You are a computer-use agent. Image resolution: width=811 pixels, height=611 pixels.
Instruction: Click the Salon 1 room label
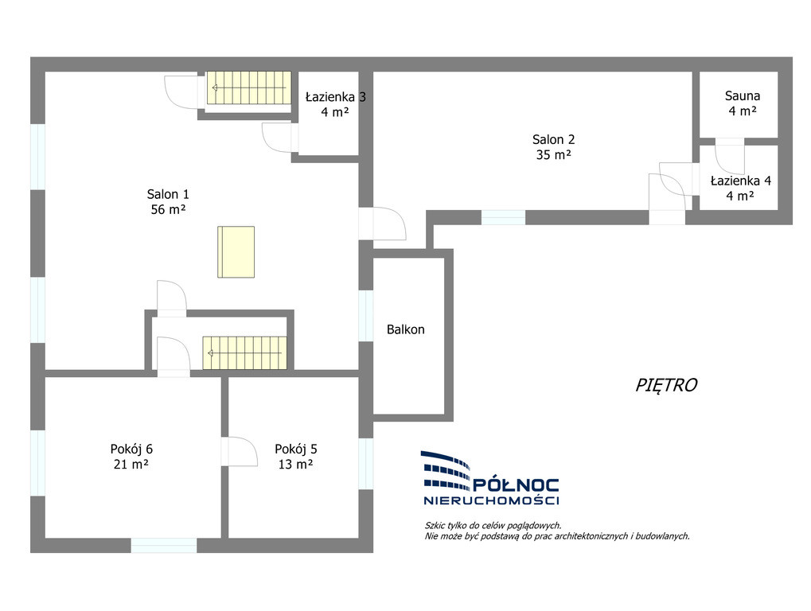pos(168,194)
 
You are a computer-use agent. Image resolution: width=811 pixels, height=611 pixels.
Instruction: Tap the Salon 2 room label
pos(553,139)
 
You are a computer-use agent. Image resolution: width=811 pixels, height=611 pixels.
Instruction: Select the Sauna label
pos(743,95)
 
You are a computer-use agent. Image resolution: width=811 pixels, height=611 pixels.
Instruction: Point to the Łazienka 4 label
pos(741,181)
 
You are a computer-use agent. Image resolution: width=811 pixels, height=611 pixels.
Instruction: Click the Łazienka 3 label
pos(336,97)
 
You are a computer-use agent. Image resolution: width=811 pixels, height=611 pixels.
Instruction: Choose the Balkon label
pos(406,329)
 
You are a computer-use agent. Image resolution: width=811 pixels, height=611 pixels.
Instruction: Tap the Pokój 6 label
pos(131,449)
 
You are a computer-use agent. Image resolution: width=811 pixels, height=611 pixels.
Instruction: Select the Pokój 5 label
pos(296,449)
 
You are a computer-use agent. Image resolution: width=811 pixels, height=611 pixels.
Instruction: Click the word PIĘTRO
pos(666,385)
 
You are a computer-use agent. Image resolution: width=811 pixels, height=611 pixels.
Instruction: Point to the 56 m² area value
pos(168,209)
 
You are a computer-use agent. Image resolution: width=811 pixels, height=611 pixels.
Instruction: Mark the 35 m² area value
pos(553,154)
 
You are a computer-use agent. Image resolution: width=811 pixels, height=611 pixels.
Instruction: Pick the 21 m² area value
pos(131,464)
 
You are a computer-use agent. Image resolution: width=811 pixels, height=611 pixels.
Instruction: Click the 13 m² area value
pos(296,464)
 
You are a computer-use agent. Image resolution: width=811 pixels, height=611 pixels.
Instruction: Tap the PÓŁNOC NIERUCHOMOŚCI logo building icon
pos(446,470)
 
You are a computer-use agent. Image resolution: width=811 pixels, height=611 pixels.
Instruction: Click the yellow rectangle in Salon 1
pos(236,251)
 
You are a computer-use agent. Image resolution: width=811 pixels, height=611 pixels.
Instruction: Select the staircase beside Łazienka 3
pos(249,88)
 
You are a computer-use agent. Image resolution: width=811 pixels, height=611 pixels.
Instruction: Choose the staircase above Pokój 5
pos(244,353)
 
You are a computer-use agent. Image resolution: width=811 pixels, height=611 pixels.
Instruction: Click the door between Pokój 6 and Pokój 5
pos(239,452)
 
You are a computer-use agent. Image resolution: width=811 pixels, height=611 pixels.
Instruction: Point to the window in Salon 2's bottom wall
pos(503,218)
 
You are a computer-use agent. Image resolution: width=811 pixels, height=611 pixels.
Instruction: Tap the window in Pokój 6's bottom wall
pos(163,545)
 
